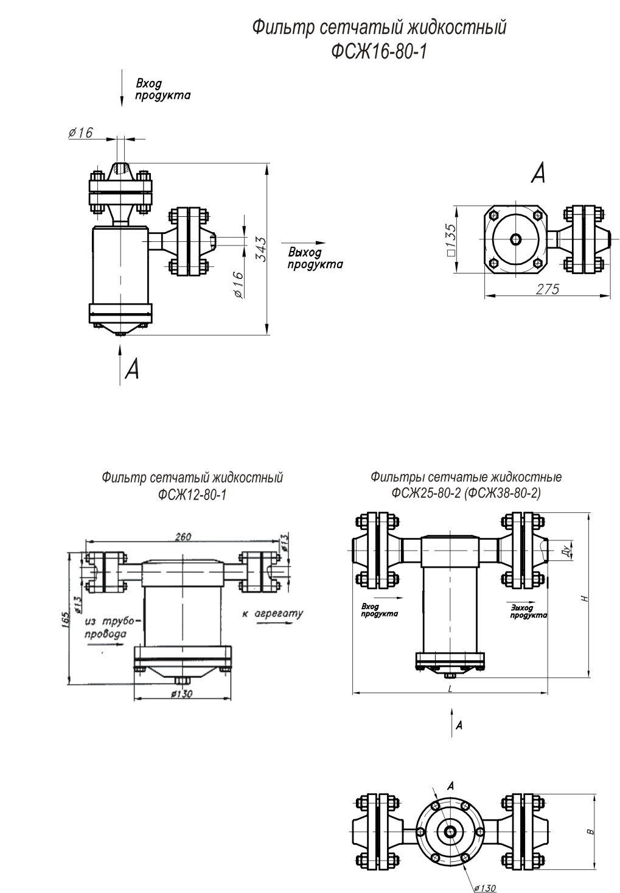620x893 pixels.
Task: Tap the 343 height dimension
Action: [260, 249]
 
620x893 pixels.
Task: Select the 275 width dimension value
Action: [547, 289]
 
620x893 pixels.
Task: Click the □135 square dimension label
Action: [450, 240]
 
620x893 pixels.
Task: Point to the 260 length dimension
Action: [183, 536]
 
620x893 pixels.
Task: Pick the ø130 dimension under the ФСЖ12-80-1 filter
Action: [182, 694]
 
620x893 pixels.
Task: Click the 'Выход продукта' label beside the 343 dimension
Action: [315, 258]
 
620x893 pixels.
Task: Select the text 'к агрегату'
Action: [272, 613]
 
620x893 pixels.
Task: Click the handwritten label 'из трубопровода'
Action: [110, 628]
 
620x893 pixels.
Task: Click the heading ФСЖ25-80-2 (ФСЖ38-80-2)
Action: [466, 485]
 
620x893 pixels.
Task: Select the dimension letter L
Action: [449, 688]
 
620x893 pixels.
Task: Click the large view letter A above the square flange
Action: [538, 174]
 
